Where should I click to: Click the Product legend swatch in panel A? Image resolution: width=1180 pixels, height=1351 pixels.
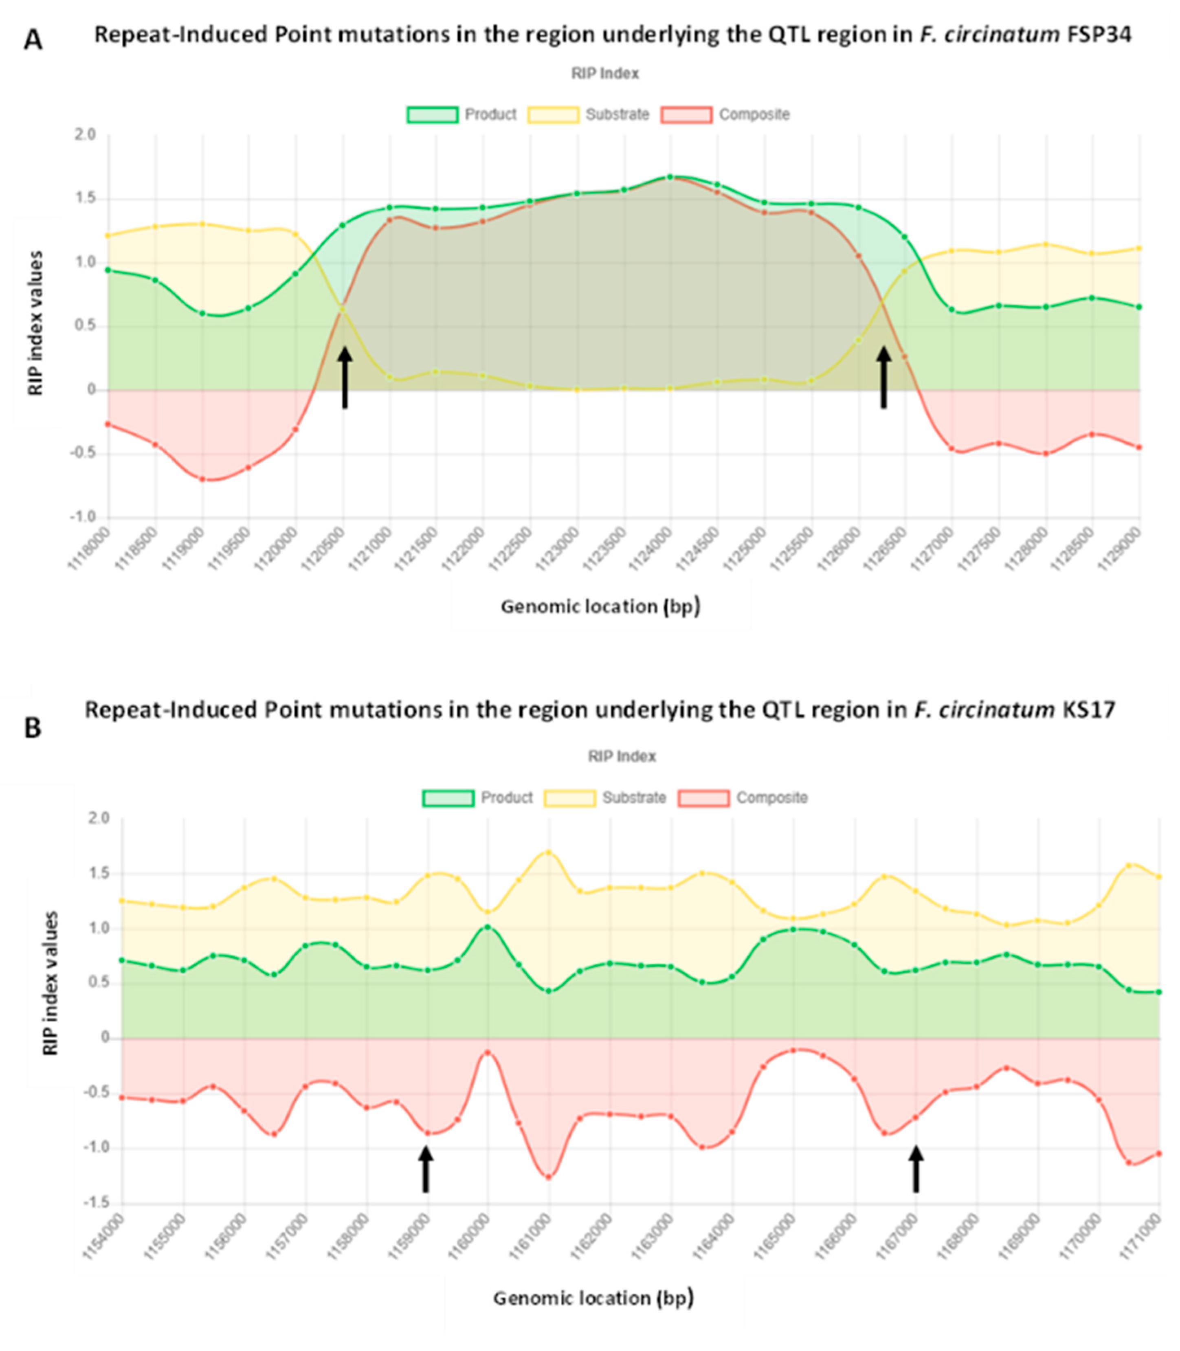coord(432,114)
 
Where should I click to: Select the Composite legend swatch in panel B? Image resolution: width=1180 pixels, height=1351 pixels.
coord(704,798)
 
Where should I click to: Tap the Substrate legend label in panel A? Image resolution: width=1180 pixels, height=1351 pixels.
coord(617,114)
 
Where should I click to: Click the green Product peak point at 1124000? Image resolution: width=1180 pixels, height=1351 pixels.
coord(670,177)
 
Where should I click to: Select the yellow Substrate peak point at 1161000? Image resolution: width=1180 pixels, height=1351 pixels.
coord(549,852)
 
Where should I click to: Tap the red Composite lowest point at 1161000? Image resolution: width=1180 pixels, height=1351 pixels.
coord(549,1177)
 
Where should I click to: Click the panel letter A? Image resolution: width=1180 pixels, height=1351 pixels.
coord(33,41)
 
